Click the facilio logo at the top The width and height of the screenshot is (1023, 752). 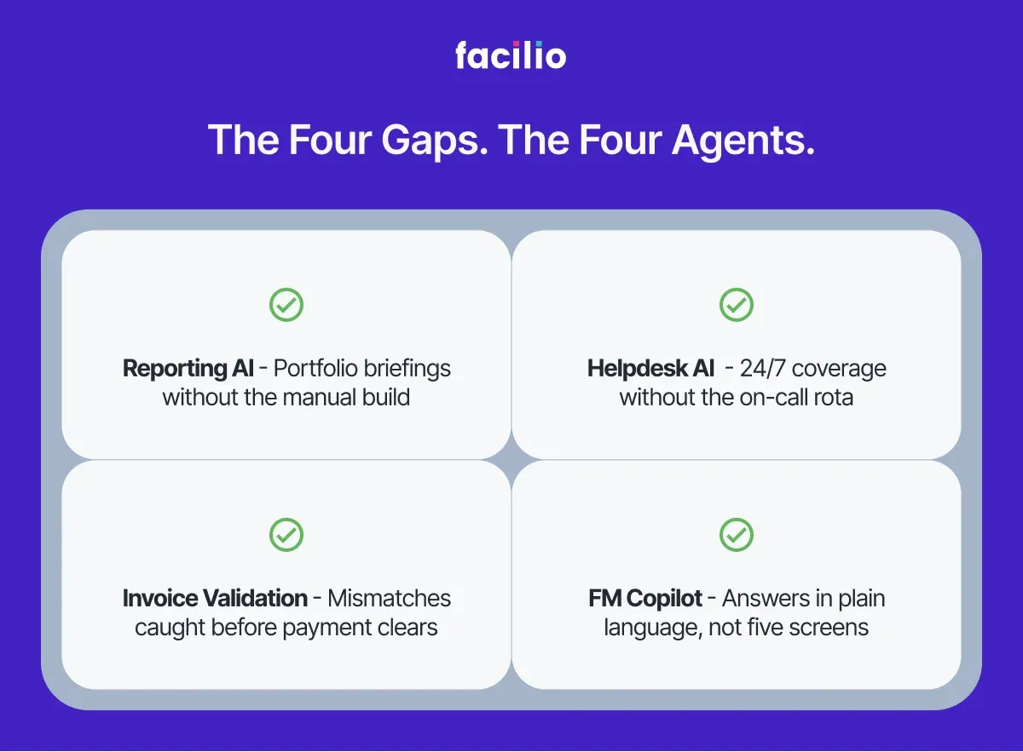click(511, 56)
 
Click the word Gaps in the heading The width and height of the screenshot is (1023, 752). click(431, 141)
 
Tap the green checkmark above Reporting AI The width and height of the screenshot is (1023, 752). click(286, 305)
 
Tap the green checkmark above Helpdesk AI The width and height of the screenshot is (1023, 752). click(736, 305)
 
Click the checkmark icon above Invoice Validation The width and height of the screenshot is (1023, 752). click(286, 535)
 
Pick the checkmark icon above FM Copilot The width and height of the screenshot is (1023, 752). click(736, 535)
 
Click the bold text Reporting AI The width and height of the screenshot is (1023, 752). click(188, 369)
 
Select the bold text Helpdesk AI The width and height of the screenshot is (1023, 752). click(651, 369)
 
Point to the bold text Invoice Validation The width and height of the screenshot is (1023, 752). click(215, 599)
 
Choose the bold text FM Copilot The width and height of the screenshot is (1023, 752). click(645, 599)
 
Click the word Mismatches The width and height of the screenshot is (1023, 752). click(389, 599)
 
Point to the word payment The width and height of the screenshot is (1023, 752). click(327, 628)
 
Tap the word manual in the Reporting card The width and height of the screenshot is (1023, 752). click(316, 397)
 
